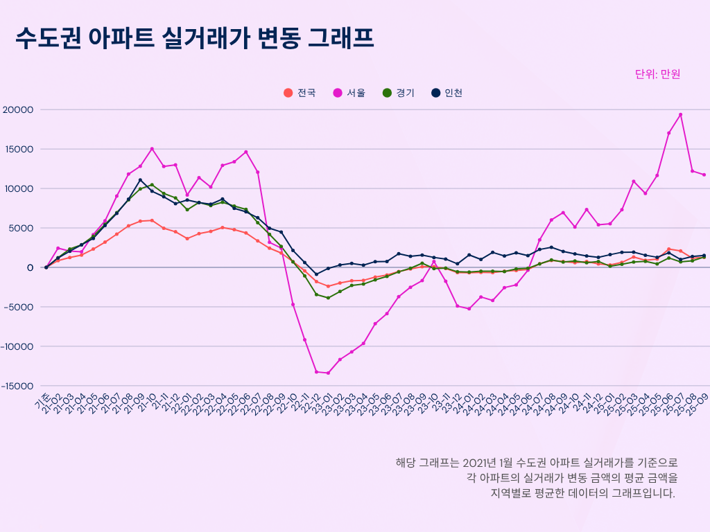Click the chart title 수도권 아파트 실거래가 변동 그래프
point(195,38)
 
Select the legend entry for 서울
point(350,93)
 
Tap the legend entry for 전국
point(300,93)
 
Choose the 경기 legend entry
point(399,93)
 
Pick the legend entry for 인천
point(447,93)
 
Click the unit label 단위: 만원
point(657,74)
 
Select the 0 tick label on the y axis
point(31,267)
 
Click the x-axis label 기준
point(42,400)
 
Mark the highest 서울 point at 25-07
point(680,115)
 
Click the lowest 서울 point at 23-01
point(328,373)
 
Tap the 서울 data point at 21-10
point(152,149)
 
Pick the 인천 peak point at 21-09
point(140,180)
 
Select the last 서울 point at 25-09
point(704,175)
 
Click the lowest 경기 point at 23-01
point(328,298)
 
